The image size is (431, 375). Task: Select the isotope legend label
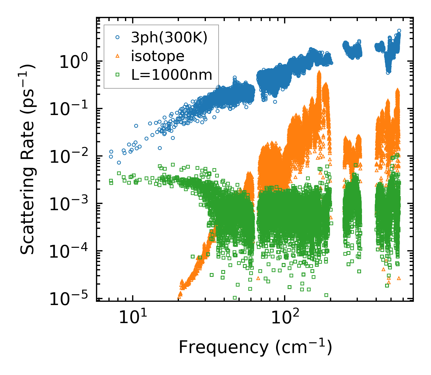(x=158, y=56)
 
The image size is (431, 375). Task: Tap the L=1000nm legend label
(x=172, y=75)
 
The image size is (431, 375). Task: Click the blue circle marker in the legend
(x=118, y=38)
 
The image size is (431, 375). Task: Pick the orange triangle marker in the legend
(x=118, y=56)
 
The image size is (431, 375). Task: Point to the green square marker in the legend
(x=118, y=75)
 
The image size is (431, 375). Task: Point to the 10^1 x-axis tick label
(x=133, y=318)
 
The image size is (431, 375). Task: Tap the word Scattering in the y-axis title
(x=27, y=210)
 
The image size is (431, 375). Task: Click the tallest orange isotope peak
(x=319, y=72)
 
